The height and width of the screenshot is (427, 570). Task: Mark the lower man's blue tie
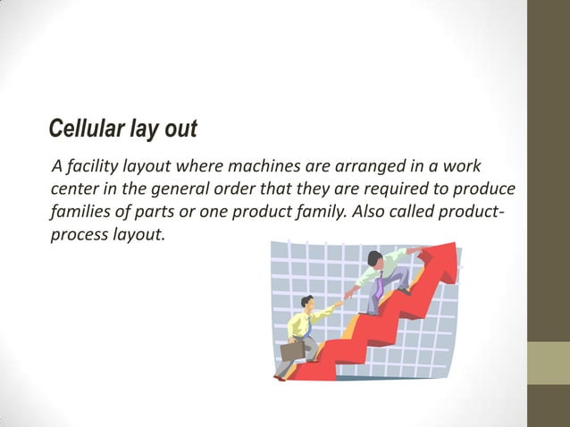[308, 326]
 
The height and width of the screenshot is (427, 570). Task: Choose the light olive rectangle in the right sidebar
[549, 364]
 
